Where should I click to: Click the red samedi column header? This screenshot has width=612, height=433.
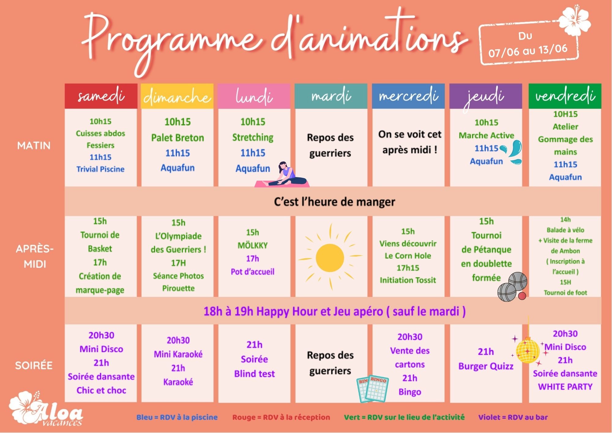101,96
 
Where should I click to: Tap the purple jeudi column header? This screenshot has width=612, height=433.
486,96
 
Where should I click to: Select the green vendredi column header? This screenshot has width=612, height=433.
565,96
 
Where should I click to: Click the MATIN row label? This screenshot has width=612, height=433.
34,145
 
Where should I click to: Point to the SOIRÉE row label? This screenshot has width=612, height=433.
34,365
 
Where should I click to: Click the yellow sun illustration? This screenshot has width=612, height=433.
330,257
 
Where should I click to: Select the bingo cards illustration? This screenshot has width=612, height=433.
373,389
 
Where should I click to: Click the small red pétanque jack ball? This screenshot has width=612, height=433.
522,296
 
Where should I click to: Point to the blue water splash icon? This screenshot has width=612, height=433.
513,152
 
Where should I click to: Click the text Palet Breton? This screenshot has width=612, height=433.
177,138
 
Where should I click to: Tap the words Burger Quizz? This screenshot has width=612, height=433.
486,366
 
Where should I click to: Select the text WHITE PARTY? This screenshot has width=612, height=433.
565,387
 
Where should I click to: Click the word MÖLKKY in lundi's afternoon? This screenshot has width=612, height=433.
252,245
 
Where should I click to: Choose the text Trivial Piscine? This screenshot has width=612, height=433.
100,169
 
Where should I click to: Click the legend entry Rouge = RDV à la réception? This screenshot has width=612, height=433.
281,417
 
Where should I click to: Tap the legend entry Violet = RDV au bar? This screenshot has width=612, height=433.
513,417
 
